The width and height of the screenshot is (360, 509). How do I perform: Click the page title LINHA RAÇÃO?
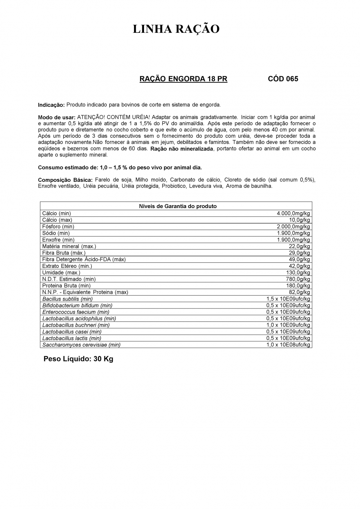[176, 29]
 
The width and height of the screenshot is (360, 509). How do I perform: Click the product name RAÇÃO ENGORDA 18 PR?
[183, 79]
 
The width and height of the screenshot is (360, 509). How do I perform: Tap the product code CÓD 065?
[283, 79]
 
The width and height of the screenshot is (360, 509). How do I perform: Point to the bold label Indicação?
[51, 105]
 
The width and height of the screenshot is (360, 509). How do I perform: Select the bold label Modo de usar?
[57, 117]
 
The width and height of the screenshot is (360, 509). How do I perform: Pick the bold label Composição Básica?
[65, 180]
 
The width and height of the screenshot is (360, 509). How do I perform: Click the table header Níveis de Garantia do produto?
[178, 206]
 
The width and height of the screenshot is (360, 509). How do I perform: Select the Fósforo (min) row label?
[58, 226]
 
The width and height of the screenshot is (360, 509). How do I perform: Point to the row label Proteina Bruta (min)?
[66, 285]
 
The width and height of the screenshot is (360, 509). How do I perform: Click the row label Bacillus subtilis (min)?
[67, 299]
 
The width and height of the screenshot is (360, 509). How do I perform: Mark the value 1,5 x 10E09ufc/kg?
[288, 299]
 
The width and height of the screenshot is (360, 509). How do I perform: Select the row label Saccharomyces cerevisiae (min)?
[81, 344]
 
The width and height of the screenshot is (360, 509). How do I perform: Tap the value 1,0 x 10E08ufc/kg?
[288, 344]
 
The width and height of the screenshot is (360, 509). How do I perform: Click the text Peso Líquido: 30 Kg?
[78, 359]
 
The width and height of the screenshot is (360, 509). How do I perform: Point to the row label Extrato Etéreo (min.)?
[67, 266]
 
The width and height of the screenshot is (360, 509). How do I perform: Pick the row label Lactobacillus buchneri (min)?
[76, 325]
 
